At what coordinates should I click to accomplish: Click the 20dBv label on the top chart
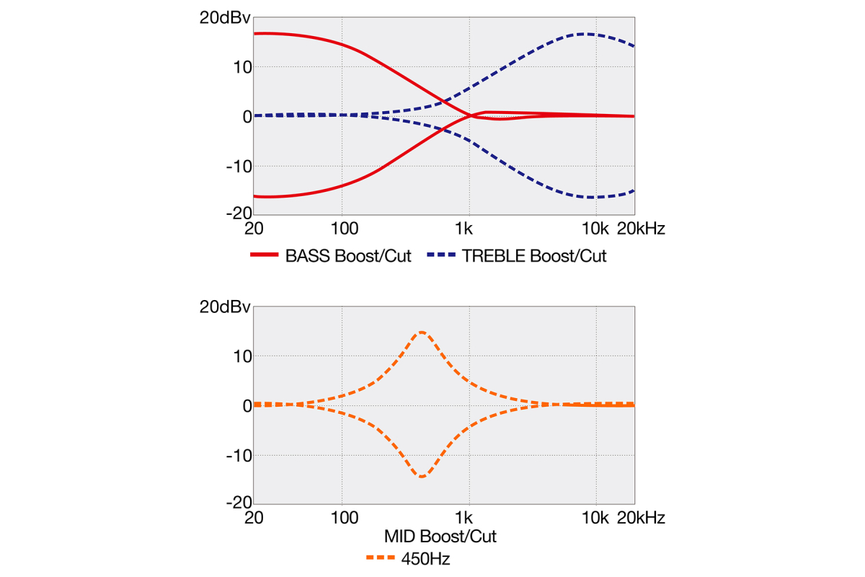224,19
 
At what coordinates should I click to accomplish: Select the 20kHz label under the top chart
642,229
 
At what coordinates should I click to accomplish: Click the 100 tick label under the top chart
345,229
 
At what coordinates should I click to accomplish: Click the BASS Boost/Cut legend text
348,257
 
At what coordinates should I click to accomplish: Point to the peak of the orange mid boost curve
422,332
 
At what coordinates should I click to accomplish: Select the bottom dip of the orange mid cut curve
422,477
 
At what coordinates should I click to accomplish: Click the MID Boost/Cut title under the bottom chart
440,537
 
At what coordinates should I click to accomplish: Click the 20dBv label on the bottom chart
224,307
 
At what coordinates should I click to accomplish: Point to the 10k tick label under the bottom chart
595,518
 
